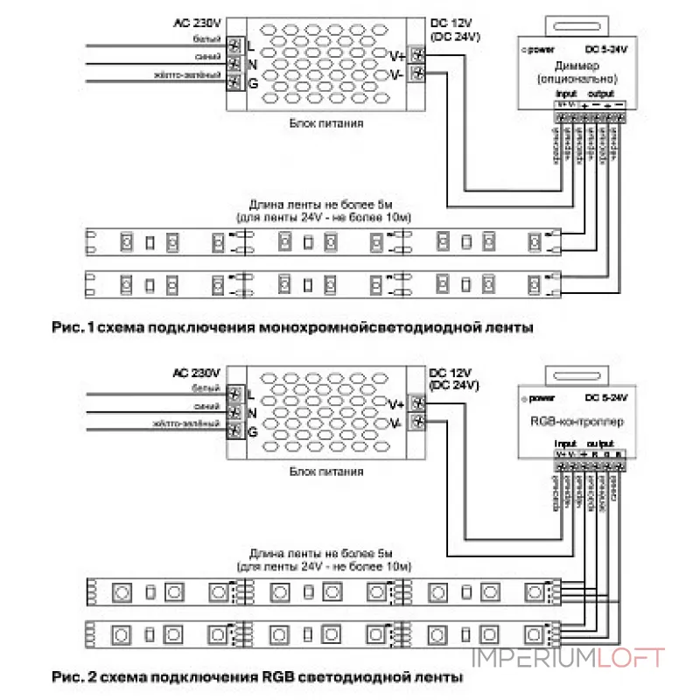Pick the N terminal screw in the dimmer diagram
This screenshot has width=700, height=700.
(234, 65)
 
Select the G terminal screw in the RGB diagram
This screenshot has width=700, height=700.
(234, 431)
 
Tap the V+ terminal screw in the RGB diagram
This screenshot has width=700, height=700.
(418, 404)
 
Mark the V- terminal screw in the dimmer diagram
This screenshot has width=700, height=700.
(418, 74)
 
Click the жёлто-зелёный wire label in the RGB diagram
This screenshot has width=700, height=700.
(185, 423)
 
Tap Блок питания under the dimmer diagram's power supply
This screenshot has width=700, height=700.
(326, 123)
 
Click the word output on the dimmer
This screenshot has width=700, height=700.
(600, 94)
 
